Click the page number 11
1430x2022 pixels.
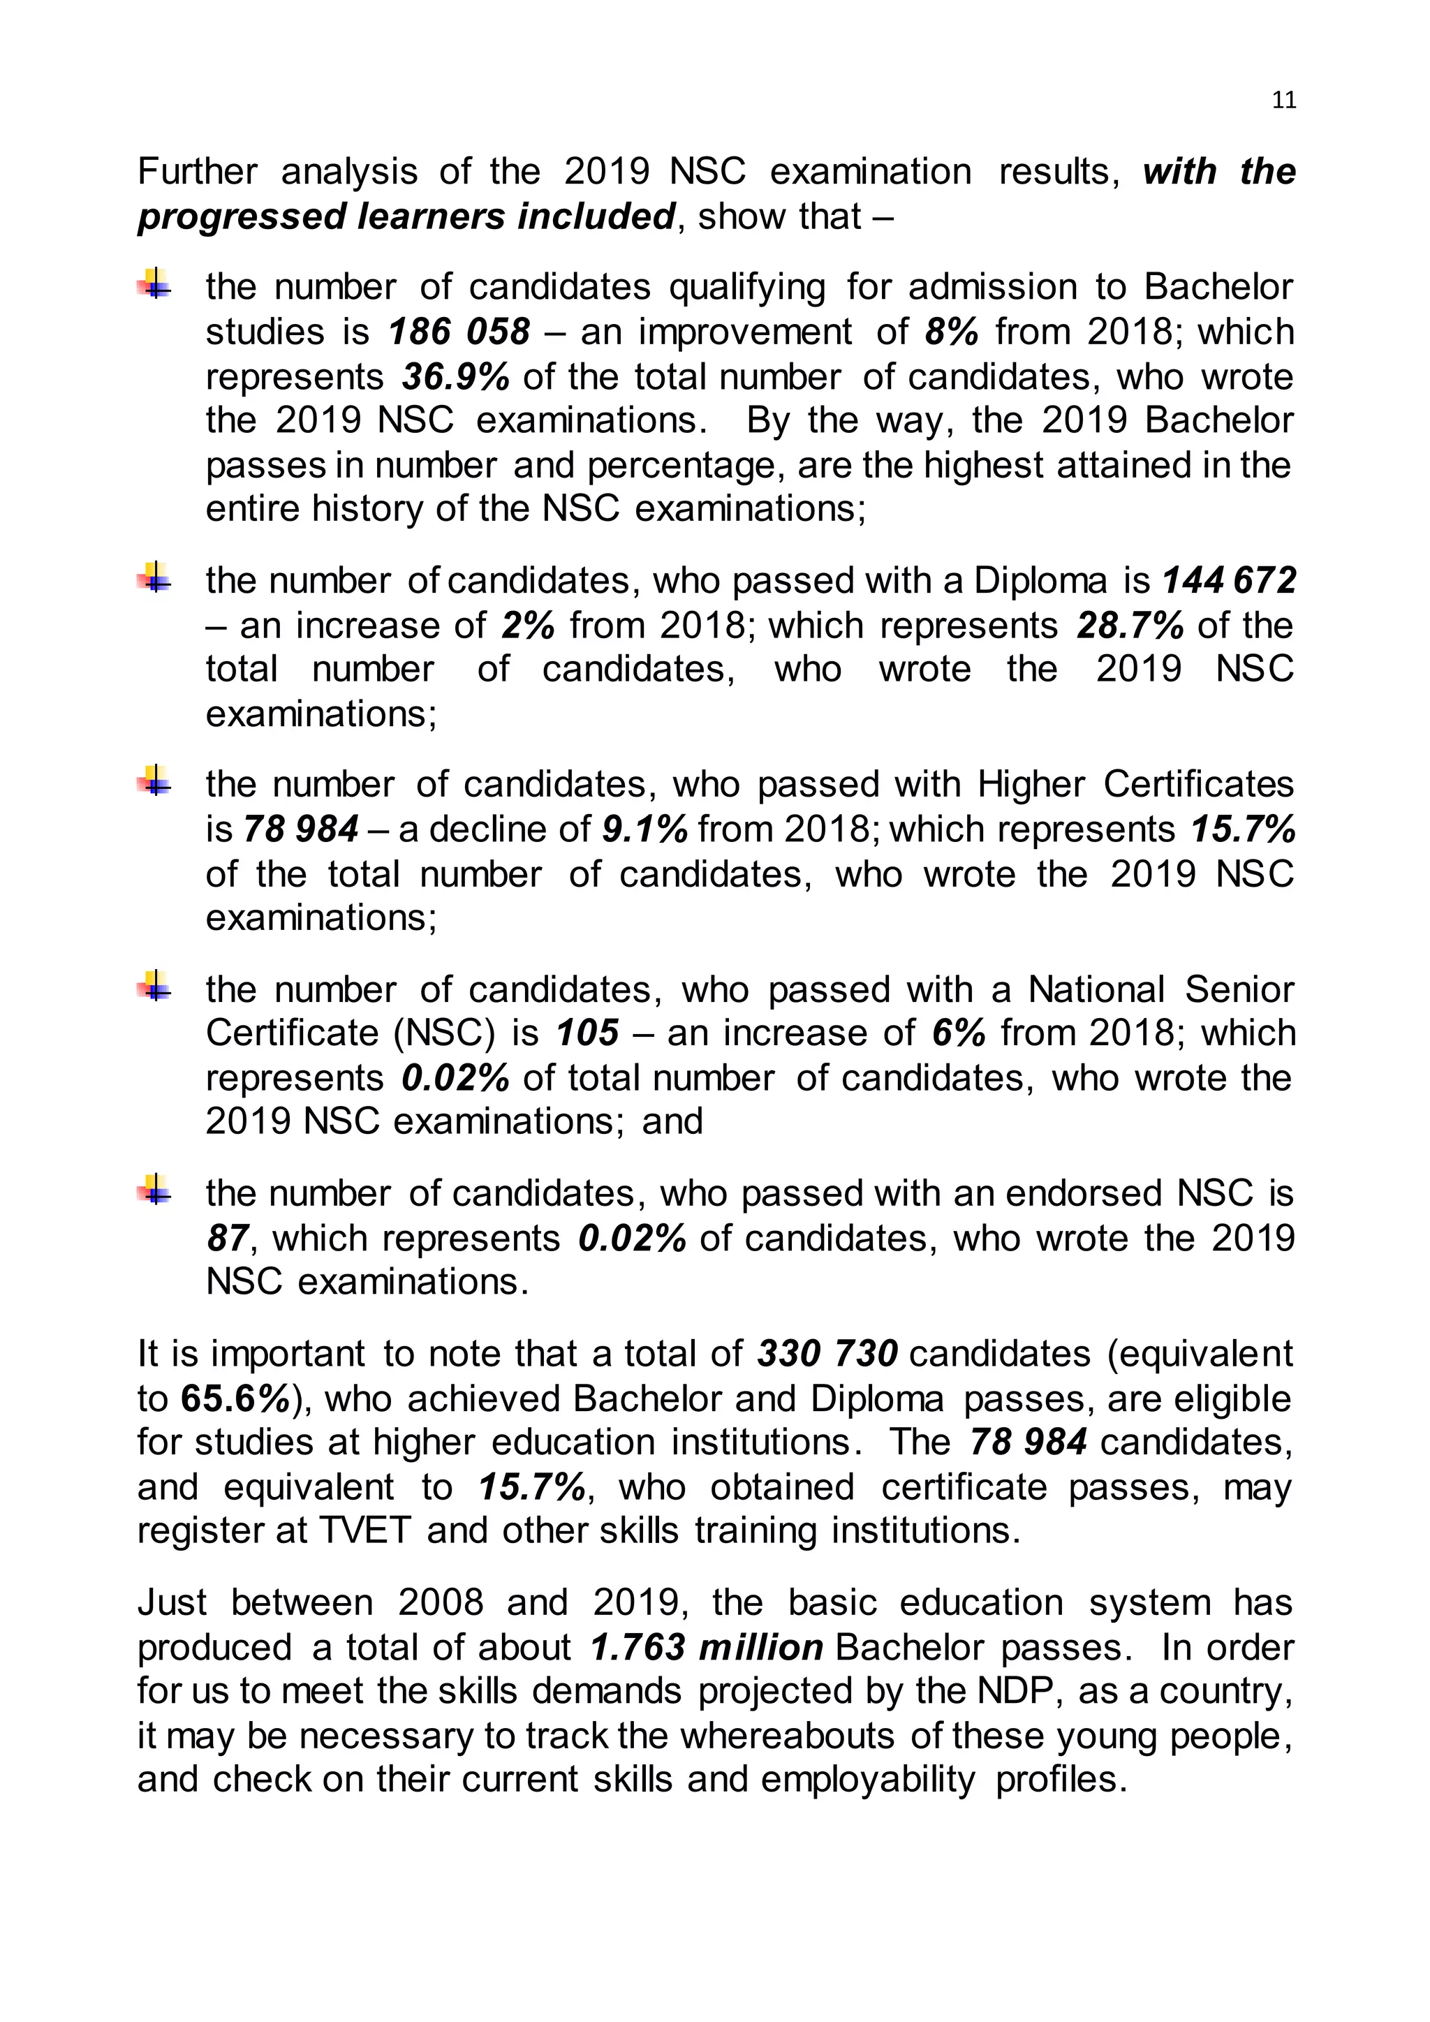click(x=1284, y=101)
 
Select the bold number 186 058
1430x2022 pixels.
click(x=459, y=332)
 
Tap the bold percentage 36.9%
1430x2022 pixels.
click(x=455, y=377)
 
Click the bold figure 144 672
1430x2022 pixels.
click(x=1229, y=580)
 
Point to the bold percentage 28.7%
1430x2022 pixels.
click(x=1130, y=626)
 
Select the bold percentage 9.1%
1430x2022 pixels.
click(x=644, y=829)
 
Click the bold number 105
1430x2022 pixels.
click(x=587, y=1033)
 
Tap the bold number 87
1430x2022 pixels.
click(x=227, y=1238)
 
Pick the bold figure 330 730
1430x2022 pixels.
click(x=827, y=1355)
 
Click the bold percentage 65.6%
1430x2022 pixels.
click(x=236, y=1399)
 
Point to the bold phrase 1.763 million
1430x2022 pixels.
click(x=706, y=1648)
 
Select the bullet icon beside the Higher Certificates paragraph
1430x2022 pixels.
click(x=155, y=781)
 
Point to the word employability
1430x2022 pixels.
click(x=867, y=1780)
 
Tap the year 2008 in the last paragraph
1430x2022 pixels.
click(x=441, y=1603)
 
